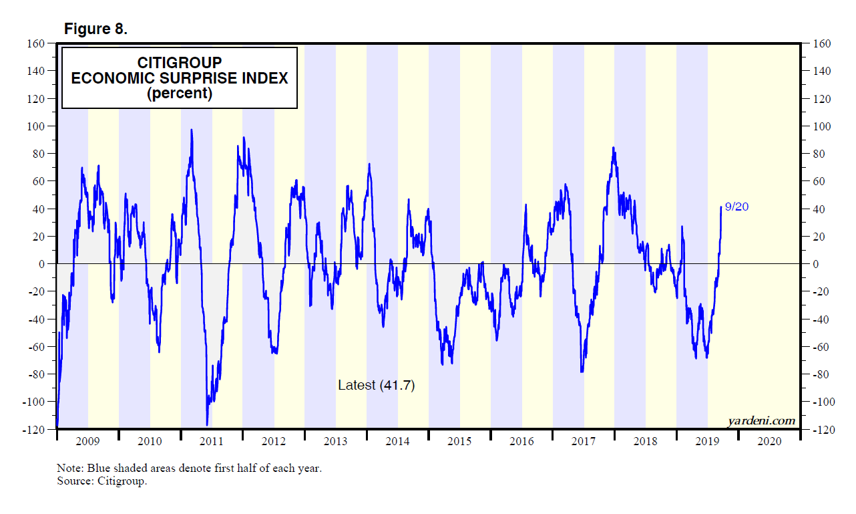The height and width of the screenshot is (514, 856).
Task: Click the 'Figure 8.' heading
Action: [95, 29]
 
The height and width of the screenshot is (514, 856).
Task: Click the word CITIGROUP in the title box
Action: [180, 62]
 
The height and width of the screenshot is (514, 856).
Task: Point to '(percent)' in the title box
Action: [180, 94]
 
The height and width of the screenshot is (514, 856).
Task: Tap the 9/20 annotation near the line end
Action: [736, 207]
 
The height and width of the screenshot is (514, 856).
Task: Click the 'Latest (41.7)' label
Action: [377, 386]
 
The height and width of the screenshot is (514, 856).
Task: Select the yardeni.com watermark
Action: [762, 420]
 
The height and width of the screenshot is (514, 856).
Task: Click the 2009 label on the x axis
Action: [87, 441]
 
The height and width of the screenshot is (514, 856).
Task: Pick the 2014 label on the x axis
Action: [397, 441]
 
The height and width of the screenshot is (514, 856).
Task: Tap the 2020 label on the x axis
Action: [769, 441]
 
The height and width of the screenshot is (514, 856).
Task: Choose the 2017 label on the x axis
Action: [583, 441]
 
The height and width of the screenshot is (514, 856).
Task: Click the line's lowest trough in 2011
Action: [207, 424]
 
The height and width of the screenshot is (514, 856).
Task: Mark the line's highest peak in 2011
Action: [192, 130]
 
